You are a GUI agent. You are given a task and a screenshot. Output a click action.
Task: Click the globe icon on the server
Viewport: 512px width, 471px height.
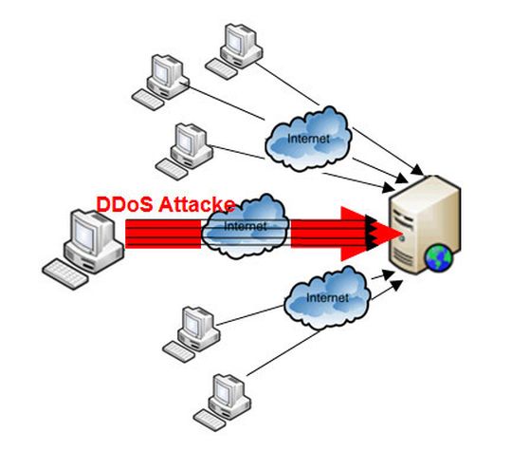[437, 256]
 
